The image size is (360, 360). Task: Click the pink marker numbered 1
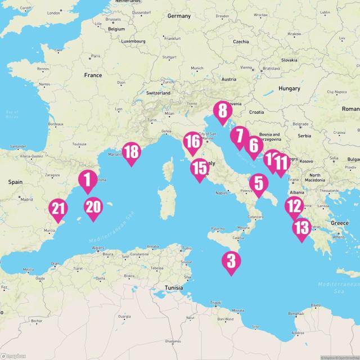pyautogui.click(x=87, y=181)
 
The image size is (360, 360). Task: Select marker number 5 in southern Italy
pyautogui.click(x=258, y=184)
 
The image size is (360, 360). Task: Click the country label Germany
pyautogui.click(x=179, y=16)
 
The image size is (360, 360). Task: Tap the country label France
pyautogui.click(x=93, y=75)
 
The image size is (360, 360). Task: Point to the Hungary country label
pyautogui.click(x=289, y=88)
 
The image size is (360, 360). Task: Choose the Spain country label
pyautogui.click(x=15, y=182)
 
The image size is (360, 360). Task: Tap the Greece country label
pyautogui.click(x=340, y=223)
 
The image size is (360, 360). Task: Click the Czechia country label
pyautogui.click(x=241, y=42)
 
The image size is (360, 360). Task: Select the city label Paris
pyautogui.click(x=96, y=56)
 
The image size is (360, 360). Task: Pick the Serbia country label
pyautogui.click(x=304, y=136)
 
